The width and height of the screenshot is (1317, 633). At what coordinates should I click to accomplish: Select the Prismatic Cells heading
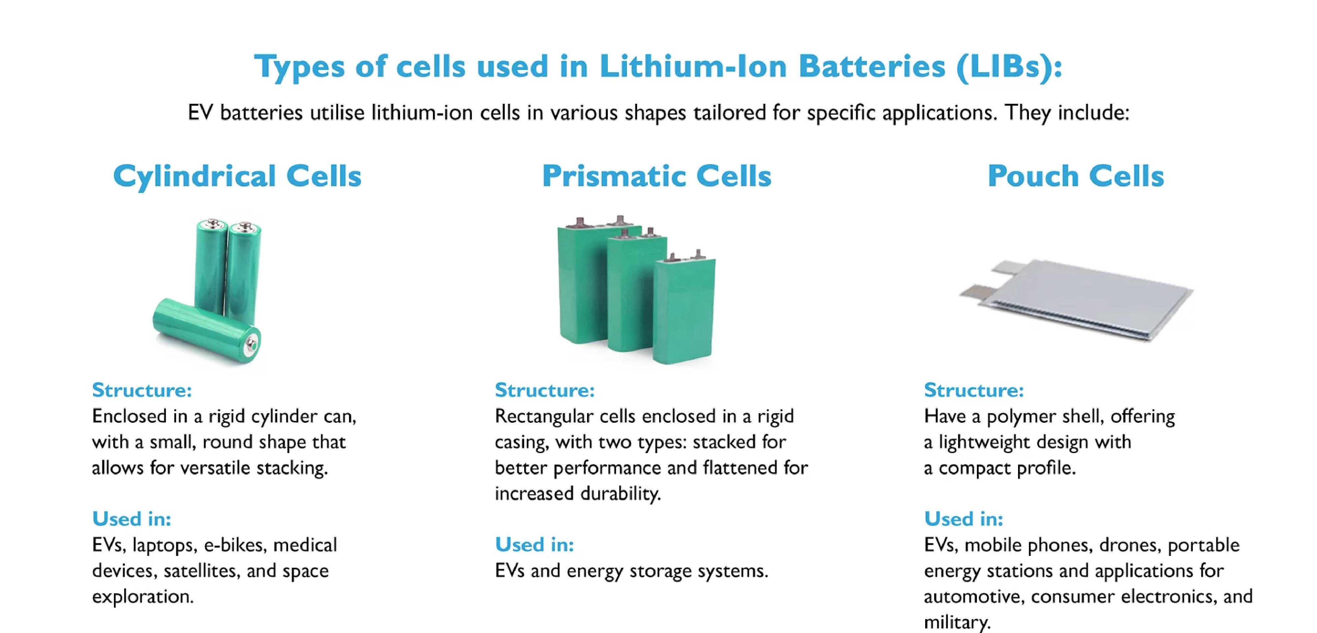[657, 176]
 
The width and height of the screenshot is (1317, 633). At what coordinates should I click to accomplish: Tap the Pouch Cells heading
[1076, 176]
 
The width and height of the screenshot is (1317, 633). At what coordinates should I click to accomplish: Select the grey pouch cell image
[1076, 299]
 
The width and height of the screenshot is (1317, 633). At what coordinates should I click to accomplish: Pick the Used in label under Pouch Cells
[963, 519]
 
